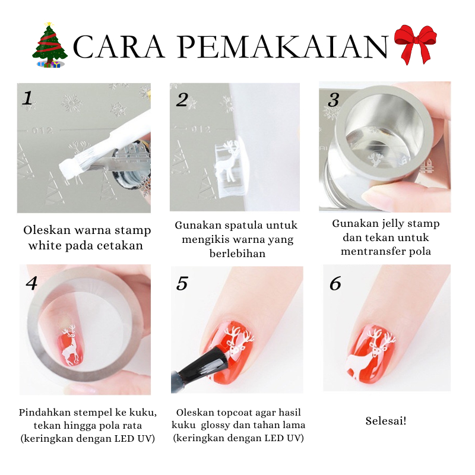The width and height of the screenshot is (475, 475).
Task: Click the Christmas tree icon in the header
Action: click(50, 45)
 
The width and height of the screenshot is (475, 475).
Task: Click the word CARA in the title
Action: click(119, 47)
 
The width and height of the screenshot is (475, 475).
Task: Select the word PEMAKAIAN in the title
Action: click(283, 47)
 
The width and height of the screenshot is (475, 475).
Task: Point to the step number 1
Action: click(27, 98)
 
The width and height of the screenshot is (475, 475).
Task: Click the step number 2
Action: click(182, 100)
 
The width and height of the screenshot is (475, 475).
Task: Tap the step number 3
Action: click(333, 100)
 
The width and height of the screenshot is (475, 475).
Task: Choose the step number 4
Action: click(31, 283)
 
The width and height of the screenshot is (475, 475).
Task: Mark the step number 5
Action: click(182, 284)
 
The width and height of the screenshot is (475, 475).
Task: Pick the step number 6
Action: click(335, 284)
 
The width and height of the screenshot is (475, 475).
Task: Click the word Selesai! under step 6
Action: click(385, 421)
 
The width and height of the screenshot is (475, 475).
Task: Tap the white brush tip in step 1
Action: click(72, 166)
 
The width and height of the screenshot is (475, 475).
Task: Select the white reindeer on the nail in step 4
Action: click(71, 345)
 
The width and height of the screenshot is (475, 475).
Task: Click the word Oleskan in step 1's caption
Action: click(47, 230)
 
